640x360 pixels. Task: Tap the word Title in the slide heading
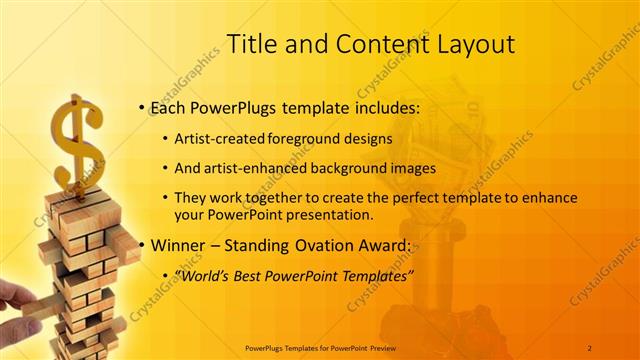point(252,44)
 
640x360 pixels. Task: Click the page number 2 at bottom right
point(590,347)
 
